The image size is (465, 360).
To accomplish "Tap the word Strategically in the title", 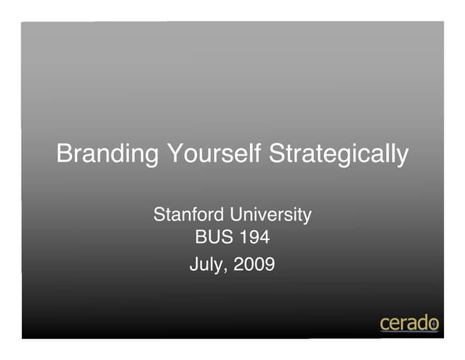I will coord(339,154).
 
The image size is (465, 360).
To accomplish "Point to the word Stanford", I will coord(189,215).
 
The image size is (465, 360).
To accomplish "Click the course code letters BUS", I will coord(214,237).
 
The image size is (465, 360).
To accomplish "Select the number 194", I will coord(255,237).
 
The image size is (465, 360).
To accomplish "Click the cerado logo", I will coord(409,323).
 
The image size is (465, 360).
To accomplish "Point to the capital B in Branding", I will coord(65,154).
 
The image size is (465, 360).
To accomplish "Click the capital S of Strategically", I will coord(277,154).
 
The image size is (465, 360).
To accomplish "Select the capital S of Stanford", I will coord(159,215).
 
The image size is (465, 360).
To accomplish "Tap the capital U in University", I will coord(237,215).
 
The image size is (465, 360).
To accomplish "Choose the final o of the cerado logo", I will coord(433,324).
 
